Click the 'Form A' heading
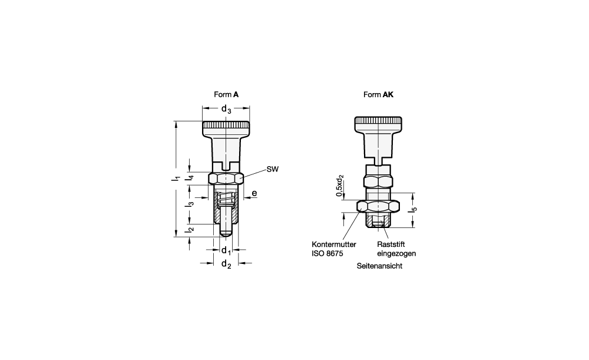pyautogui.click(x=226, y=94)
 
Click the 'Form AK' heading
pyautogui.click(x=378, y=94)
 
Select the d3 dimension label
pyautogui.click(x=226, y=110)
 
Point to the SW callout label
pyautogui.click(x=273, y=169)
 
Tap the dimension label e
pyautogui.click(x=254, y=193)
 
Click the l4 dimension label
pyautogui.click(x=190, y=177)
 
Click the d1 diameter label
pyautogui.click(x=226, y=250)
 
